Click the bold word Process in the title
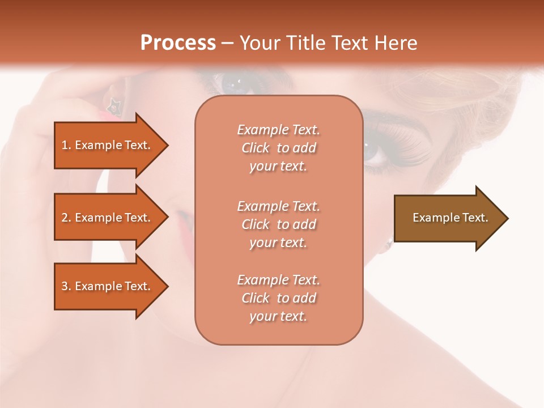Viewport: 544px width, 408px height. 178,43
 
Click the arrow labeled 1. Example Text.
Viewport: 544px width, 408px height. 108,145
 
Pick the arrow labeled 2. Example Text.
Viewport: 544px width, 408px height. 108,218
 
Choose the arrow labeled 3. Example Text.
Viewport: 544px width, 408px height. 108,286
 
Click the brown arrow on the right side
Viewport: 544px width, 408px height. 448,218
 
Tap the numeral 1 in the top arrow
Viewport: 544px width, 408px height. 65,145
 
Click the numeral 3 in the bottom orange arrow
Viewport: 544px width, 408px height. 65,286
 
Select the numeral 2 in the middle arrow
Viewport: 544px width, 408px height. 65,218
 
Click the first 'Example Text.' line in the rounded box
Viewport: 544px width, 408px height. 278,130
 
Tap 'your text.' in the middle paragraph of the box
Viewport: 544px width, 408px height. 278,243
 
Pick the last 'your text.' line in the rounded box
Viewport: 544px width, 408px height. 278,316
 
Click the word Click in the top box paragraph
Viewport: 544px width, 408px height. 256,148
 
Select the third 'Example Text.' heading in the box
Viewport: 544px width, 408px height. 278,280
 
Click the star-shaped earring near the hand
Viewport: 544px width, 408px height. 113,105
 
